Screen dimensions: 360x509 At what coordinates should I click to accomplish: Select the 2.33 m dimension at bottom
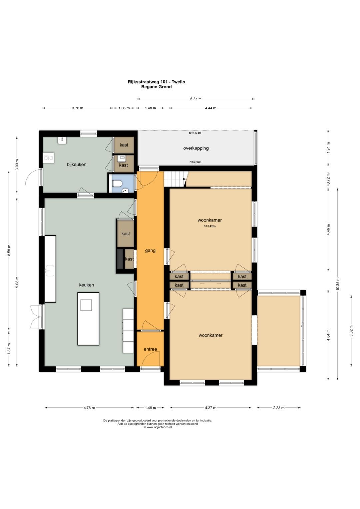coord(279,408)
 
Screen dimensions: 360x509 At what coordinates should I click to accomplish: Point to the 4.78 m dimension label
coord(89,408)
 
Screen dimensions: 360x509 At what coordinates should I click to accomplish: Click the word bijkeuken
coord(77,164)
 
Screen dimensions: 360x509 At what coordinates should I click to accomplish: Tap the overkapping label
coord(196,148)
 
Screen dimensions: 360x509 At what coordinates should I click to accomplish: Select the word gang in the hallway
coord(150,251)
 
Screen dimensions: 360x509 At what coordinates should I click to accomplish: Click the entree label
coord(150,349)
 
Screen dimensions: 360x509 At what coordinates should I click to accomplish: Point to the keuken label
coord(86,285)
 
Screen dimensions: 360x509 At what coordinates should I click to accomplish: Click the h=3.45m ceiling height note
coord(210,226)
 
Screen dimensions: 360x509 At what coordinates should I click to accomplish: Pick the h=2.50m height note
coord(195,133)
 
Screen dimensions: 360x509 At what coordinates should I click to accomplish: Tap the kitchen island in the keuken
coord(88,319)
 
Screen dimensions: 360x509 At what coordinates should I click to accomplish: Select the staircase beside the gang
coord(176,179)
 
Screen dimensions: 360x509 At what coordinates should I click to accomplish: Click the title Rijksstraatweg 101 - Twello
coord(156,82)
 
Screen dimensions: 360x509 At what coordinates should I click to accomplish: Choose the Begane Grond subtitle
coord(156,87)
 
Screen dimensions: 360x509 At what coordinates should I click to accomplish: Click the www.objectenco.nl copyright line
coord(157,427)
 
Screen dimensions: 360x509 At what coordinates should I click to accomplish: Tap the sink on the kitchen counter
coord(50,270)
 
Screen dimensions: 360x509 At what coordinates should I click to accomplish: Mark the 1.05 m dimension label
coord(124,108)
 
